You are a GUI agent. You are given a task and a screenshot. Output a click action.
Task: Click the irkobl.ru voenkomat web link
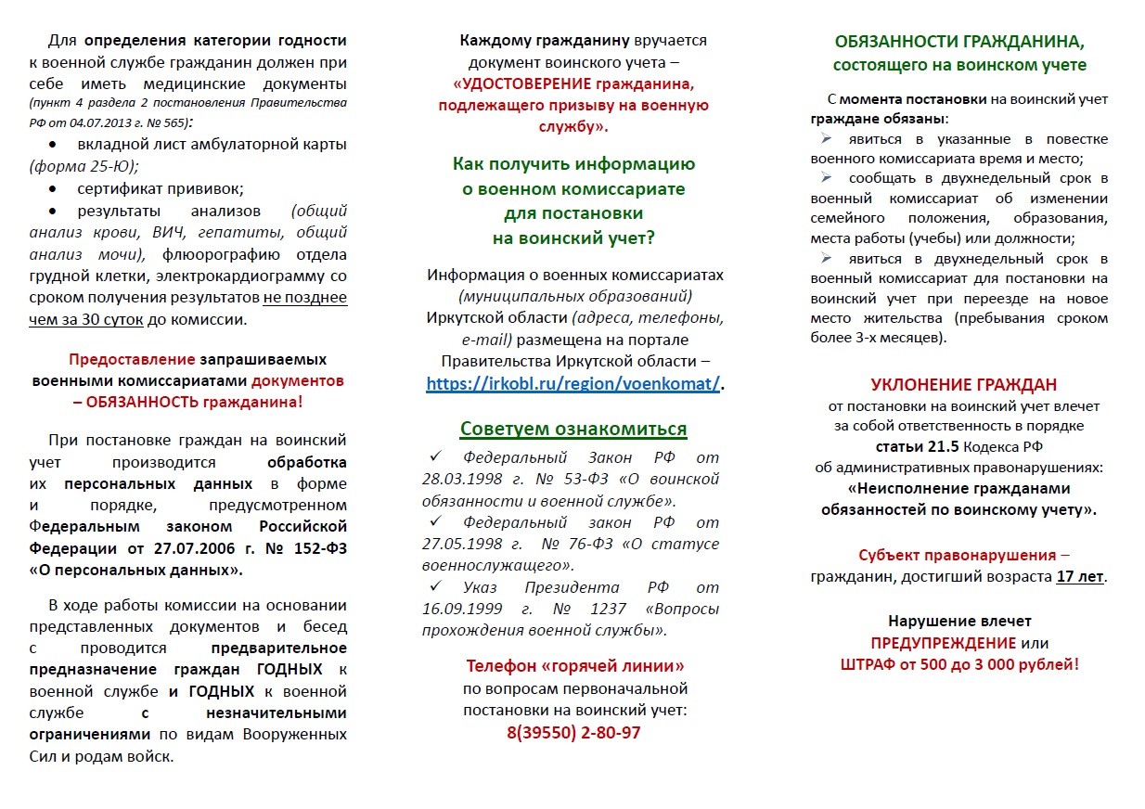click(x=572, y=384)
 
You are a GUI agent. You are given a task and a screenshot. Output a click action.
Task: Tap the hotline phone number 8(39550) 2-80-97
click(x=573, y=733)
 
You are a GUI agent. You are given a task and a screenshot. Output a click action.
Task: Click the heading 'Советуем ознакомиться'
click(x=573, y=429)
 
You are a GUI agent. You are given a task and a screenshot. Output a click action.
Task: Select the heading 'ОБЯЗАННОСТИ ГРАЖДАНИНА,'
click(x=959, y=43)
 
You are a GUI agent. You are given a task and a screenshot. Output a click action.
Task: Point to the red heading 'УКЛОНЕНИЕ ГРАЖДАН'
click(x=963, y=385)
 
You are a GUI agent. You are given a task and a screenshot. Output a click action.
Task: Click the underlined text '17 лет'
click(x=1080, y=576)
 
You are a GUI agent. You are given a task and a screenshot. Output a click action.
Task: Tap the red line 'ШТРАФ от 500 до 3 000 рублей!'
click(x=959, y=664)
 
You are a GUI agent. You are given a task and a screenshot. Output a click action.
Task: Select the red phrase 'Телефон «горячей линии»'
click(x=575, y=666)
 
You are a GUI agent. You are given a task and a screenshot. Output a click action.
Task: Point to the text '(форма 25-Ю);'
click(x=84, y=167)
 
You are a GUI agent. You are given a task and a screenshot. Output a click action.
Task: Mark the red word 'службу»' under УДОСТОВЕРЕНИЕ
click(x=573, y=126)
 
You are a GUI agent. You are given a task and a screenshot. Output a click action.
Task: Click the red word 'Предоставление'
click(x=132, y=359)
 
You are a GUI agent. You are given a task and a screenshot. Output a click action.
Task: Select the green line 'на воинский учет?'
click(x=573, y=238)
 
